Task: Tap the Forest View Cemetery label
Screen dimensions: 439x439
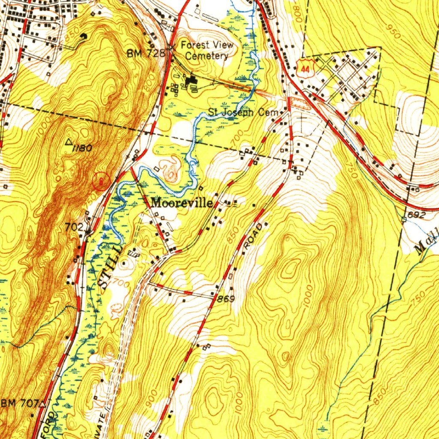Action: [x=207, y=50]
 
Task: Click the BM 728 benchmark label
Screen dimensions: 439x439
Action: [x=146, y=53]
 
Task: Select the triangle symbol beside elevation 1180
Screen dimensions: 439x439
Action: [x=70, y=141]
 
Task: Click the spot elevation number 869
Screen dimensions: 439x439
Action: [x=226, y=298]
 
